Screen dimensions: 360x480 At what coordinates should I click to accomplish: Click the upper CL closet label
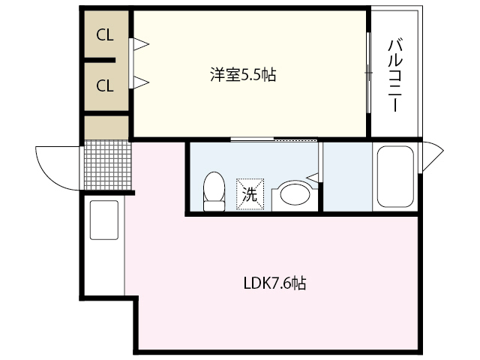104,34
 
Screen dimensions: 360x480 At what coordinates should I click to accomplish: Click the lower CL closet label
104,85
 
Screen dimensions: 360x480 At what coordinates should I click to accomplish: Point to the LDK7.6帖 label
274,283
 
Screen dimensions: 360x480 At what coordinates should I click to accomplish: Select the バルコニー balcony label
394,74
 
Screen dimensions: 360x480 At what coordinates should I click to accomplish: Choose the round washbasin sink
295,196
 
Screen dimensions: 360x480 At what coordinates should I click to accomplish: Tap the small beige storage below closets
106,128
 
